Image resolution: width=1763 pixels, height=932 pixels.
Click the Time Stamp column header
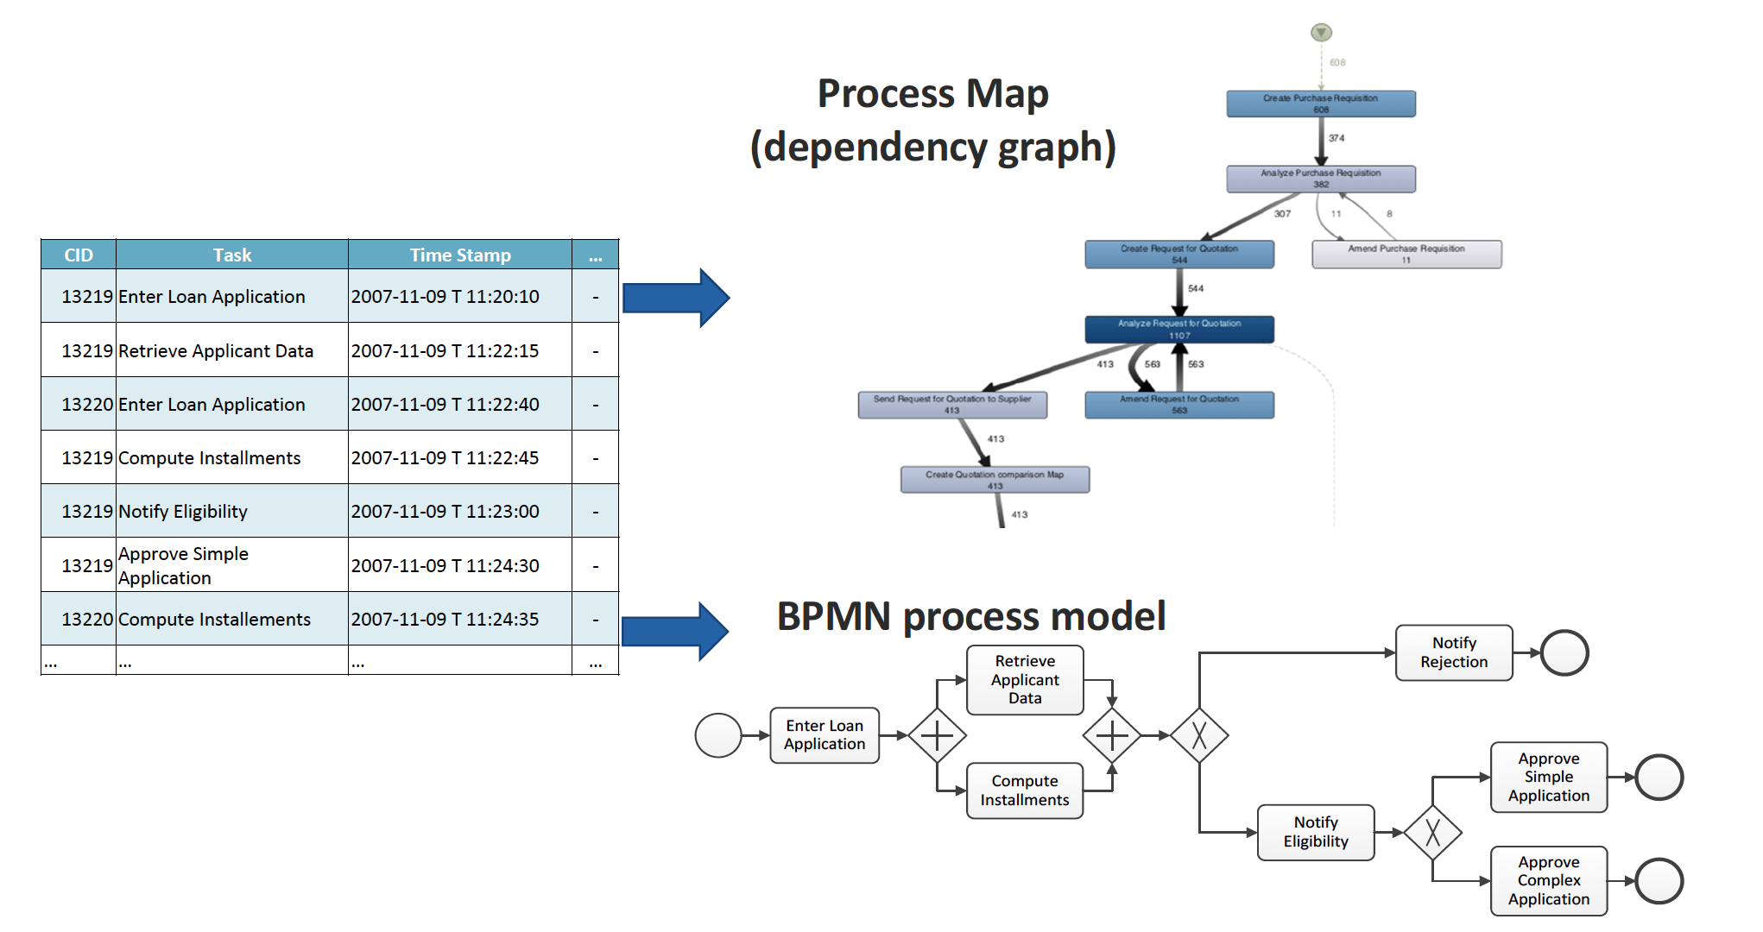click(x=459, y=255)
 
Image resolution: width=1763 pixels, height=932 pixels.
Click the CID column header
click(x=78, y=255)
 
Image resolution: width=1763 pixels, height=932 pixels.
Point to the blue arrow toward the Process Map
click(x=675, y=298)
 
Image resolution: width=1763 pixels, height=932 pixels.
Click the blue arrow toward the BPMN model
click(x=675, y=631)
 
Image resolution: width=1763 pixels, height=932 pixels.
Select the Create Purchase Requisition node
click(x=1320, y=104)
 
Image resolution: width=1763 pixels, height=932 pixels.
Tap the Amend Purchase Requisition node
click(x=1406, y=254)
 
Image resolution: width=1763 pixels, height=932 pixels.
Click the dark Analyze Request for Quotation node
click(x=1178, y=329)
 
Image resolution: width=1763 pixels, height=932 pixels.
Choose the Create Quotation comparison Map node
click(x=995, y=479)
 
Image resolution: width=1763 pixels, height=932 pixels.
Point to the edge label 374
click(x=1336, y=138)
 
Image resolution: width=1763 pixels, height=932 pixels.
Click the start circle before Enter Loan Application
click(x=717, y=735)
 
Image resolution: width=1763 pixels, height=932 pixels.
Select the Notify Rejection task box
click(x=1453, y=652)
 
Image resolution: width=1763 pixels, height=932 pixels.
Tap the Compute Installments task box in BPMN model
click(x=1024, y=790)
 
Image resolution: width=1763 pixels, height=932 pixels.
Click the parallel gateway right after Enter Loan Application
click(x=937, y=735)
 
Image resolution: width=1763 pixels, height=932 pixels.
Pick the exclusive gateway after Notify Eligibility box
click(x=1432, y=833)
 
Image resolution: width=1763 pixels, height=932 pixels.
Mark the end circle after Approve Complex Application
click(x=1659, y=881)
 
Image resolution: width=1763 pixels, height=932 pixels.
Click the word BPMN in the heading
click(x=833, y=616)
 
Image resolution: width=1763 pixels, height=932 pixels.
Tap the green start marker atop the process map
click(x=1321, y=33)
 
